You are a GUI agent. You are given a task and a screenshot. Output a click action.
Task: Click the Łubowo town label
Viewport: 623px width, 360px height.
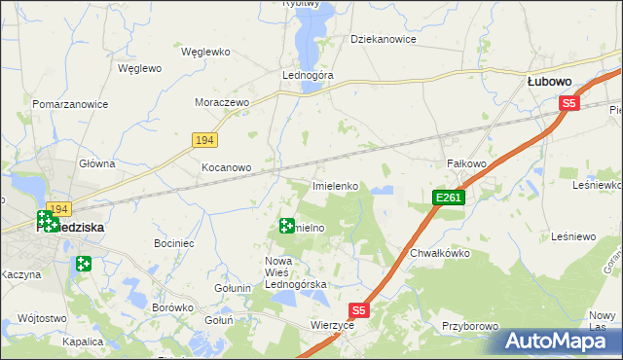548,83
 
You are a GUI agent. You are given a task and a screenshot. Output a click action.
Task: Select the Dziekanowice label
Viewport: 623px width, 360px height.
384,40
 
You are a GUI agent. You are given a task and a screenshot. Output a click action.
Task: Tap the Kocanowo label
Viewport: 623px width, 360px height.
226,167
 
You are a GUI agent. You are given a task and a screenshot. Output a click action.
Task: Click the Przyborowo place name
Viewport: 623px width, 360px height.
470,327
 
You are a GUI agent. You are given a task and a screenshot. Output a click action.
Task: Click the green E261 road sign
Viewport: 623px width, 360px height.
449,198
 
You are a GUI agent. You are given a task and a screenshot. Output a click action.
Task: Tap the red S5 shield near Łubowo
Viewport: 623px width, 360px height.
569,102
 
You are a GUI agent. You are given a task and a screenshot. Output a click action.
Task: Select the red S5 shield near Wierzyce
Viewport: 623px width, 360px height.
360,310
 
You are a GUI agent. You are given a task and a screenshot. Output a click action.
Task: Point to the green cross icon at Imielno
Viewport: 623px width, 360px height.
286,227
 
